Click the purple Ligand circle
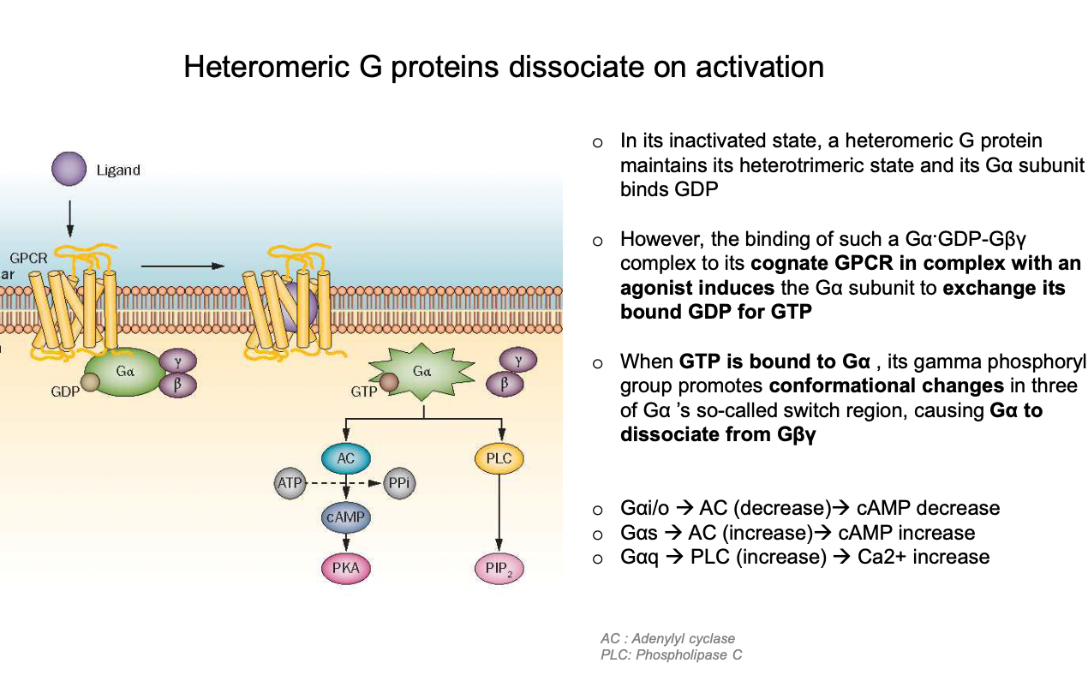point(69,169)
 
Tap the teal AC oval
point(345,458)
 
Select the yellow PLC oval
point(499,458)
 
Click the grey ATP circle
point(290,483)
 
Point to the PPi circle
point(400,483)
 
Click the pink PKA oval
point(345,567)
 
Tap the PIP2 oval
point(499,569)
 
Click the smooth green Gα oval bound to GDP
point(125,373)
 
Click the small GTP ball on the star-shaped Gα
point(389,382)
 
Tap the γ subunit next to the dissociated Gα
point(518,360)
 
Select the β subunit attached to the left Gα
point(176,385)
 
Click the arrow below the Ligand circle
point(69,218)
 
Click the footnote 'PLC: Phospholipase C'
point(671,655)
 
